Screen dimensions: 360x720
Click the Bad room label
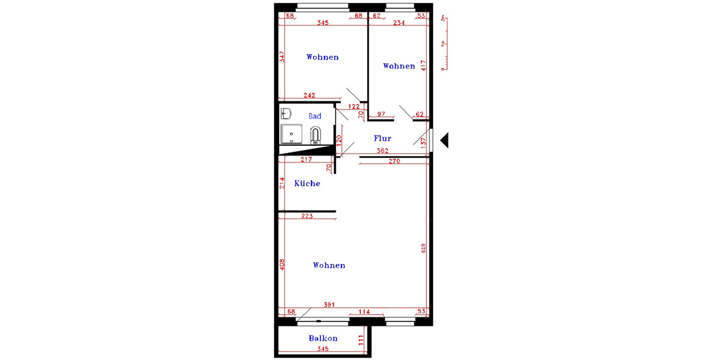click(315, 116)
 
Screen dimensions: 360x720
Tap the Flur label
click(382, 138)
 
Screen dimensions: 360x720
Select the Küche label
click(307, 184)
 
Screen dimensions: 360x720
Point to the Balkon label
click(323, 338)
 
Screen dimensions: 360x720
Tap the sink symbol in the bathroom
click(286, 113)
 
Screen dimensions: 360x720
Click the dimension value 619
click(423, 248)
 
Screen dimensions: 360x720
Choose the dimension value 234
click(399, 23)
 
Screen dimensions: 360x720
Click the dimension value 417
click(423, 65)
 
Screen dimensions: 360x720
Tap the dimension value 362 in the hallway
click(382, 151)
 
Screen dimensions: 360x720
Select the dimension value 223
click(307, 216)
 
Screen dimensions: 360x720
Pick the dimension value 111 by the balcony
click(362, 340)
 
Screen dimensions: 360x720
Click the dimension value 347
click(282, 57)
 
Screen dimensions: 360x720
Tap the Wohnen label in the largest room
click(329, 265)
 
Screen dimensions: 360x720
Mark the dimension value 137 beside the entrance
click(423, 143)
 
